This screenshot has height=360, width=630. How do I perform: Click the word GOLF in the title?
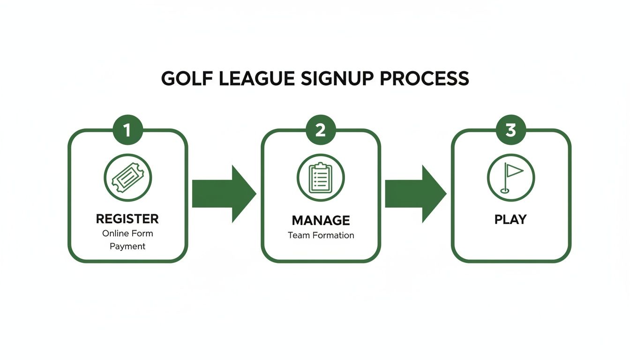(183, 79)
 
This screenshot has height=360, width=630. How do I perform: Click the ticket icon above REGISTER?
(127, 178)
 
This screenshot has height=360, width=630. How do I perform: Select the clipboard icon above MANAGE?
(321, 178)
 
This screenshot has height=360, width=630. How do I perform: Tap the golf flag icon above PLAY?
(510, 178)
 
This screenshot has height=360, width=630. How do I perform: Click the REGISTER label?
(127, 219)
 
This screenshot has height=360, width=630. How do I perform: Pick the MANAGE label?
(321, 220)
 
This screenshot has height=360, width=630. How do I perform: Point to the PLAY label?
(510, 219)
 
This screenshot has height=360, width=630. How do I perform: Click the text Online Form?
(127, 233)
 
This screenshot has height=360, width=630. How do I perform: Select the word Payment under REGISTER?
(127, 246)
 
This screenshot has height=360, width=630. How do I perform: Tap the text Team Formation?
(321, 235)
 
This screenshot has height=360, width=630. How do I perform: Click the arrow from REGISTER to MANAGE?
(223, 193)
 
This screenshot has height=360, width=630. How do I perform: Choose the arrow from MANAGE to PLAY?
(415, 193)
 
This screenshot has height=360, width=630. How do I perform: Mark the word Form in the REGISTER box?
(143, 233)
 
